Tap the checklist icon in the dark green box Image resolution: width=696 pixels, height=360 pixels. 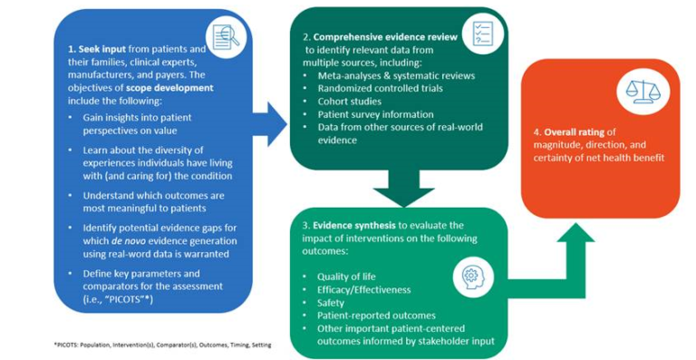pos(477,33)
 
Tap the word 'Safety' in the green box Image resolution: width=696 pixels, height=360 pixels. pos(330,303)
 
